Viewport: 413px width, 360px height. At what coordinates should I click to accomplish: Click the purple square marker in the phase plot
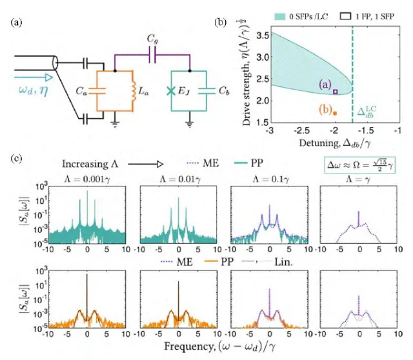tap(336, 92)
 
